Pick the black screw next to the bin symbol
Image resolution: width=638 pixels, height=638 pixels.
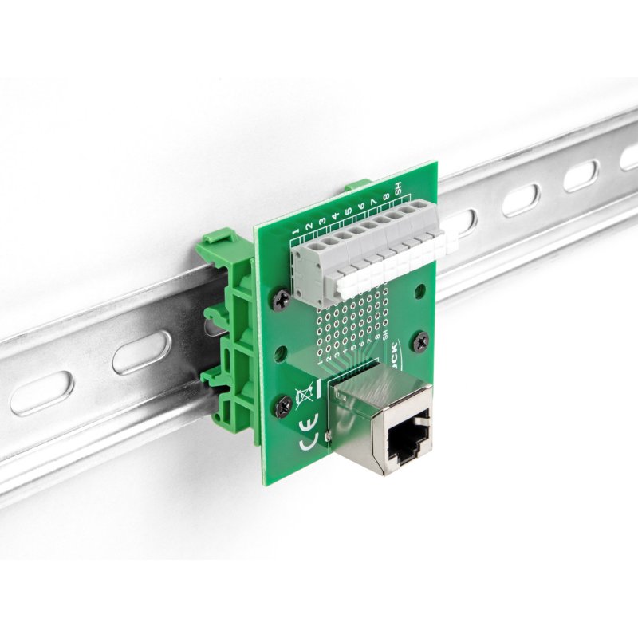282,406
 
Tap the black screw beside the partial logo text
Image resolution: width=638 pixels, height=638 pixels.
421,341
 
